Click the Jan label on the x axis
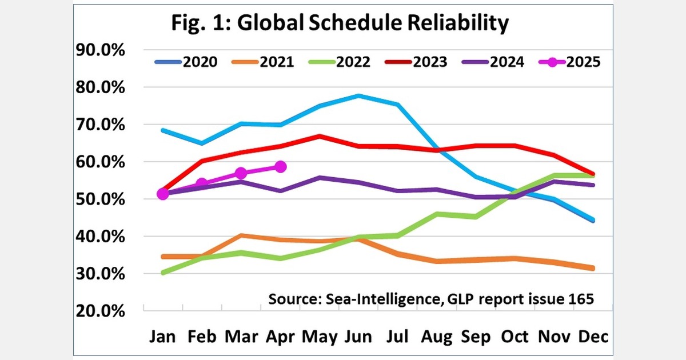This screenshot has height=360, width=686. [x=163, y=337]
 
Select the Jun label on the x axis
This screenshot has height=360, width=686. [x=358, y=337]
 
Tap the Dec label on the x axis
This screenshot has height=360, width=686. [x=593, y=337]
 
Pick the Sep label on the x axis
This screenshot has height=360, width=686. [x=476, y=337]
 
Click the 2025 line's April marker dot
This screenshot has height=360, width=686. [x=280, y=167]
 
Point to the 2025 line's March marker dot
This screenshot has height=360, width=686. [x=241, y=173]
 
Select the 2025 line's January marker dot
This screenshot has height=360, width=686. [x=163, y=194]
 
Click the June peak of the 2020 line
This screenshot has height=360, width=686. [x=358, y=95]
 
